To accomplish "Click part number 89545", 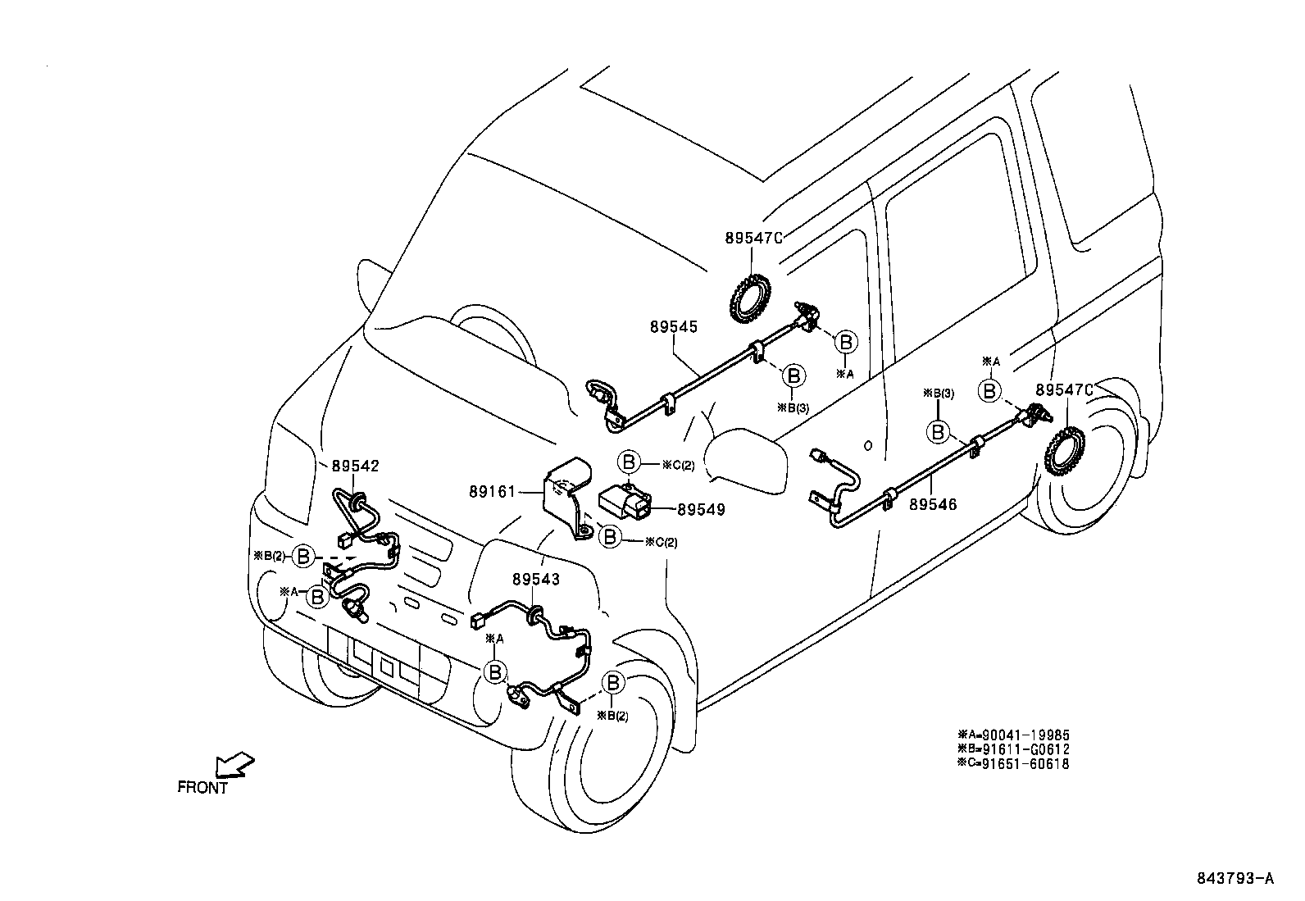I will (673, 326).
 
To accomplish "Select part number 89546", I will (932, 506).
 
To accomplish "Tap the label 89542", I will (355, 466).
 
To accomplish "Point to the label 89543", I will (536, 579).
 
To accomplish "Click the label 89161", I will (492, 492).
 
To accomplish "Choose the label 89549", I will (701, 509).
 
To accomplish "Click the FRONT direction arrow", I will (233, 764).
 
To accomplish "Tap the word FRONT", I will (202, 788).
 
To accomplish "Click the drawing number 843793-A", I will (1234, 879).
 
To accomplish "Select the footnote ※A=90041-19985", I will (1013, 735).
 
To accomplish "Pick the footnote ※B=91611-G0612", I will (1013, 749).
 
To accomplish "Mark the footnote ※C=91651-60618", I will (1013, 763).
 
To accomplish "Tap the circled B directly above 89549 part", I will (629, 463).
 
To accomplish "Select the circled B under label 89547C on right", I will (990, 391).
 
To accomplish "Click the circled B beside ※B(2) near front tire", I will (613, 682).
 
